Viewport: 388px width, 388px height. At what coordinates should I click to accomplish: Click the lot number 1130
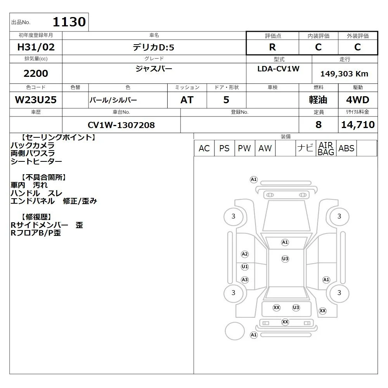[x=69, y=22]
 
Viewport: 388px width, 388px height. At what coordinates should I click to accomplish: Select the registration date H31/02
[x=36, y=47]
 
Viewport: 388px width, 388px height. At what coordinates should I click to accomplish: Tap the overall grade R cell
[x=272, y=47]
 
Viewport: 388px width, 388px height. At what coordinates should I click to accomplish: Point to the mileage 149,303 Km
[x=344, y=73]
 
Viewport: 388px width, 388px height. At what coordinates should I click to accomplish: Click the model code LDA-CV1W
[x=278, y=69]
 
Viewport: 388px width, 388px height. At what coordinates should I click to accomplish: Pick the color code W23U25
[x=36, y=100]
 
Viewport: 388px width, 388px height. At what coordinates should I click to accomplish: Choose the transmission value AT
[x=187, y=100]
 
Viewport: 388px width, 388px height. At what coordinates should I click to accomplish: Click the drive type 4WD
[x=358, y=100]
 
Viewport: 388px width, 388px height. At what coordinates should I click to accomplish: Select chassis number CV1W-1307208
[x=121, y=125]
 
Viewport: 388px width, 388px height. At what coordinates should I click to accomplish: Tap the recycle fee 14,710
[x=358, y=125]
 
